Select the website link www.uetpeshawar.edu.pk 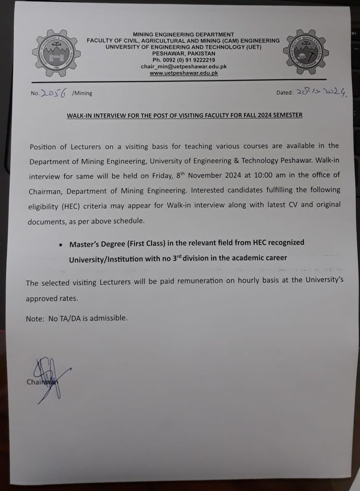(x=184, y=73)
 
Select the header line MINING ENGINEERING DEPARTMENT (x=184, y=35)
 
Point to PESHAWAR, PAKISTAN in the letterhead (x=184, y=54)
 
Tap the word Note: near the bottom (x=35, y=317)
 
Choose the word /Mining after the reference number (x=82, y=94)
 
